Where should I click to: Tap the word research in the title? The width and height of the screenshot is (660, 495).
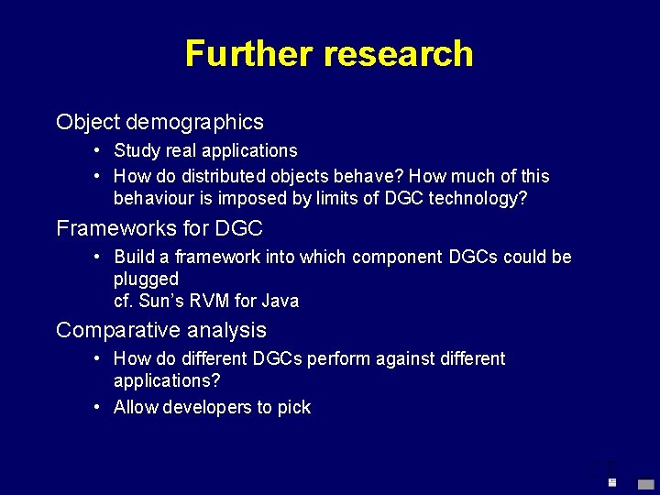398,54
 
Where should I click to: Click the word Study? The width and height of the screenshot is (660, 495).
137,150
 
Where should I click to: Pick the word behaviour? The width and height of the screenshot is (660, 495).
151,199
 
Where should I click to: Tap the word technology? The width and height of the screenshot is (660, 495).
479,199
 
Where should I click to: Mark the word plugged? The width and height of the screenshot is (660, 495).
146,279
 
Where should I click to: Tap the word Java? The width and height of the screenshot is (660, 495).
280,301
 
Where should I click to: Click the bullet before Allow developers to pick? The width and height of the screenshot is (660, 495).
96,407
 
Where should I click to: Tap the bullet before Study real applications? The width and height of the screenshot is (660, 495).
96,150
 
